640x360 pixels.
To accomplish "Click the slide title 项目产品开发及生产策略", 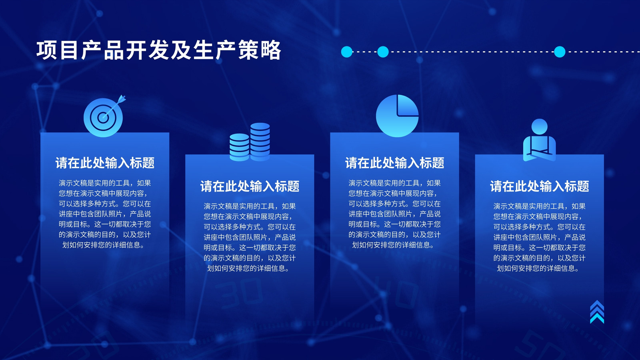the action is click(x=159, y=50).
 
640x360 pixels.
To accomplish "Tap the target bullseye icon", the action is click(x=104, y=117).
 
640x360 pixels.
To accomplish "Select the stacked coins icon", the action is click(x=250, y=142).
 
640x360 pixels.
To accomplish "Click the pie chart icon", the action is click(x=397, y=116).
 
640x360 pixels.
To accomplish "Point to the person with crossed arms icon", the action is click(x=540, y=140).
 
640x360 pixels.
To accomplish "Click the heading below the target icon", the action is click(x=105, y=163).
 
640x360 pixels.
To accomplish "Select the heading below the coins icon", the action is click(x=250, y=186).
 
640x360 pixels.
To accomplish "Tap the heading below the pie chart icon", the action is click(x=394, y=163).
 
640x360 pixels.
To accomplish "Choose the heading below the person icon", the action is click(x=540, y=186).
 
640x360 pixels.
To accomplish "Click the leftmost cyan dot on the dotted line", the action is click(x=347, y=52).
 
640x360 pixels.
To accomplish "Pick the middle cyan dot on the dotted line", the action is click(x=383, y=52).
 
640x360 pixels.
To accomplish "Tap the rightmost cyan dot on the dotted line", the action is click(x=560, y=52).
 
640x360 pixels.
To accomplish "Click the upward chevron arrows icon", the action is click(x=597, y=312).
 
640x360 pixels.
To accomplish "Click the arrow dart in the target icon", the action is click(x=115, y=106).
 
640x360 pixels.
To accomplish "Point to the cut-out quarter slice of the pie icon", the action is click(x=408, y=105).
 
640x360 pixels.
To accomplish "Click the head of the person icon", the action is click(x=540, y=126).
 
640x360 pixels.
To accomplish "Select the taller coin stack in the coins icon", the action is click(x=260, y=142).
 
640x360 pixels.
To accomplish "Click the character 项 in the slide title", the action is click(x=46, y=50).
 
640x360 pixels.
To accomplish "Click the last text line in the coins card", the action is click(x=248, y=268).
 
